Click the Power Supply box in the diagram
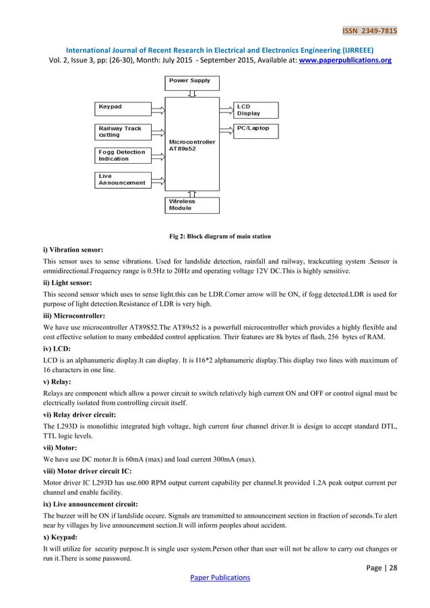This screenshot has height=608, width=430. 191,83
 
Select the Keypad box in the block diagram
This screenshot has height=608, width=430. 122,107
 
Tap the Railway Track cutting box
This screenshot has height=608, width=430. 122,131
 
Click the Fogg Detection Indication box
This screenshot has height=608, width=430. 122,155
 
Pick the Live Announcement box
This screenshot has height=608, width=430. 122,179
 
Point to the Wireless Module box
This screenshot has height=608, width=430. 191,204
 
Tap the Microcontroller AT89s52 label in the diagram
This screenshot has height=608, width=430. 192,146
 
